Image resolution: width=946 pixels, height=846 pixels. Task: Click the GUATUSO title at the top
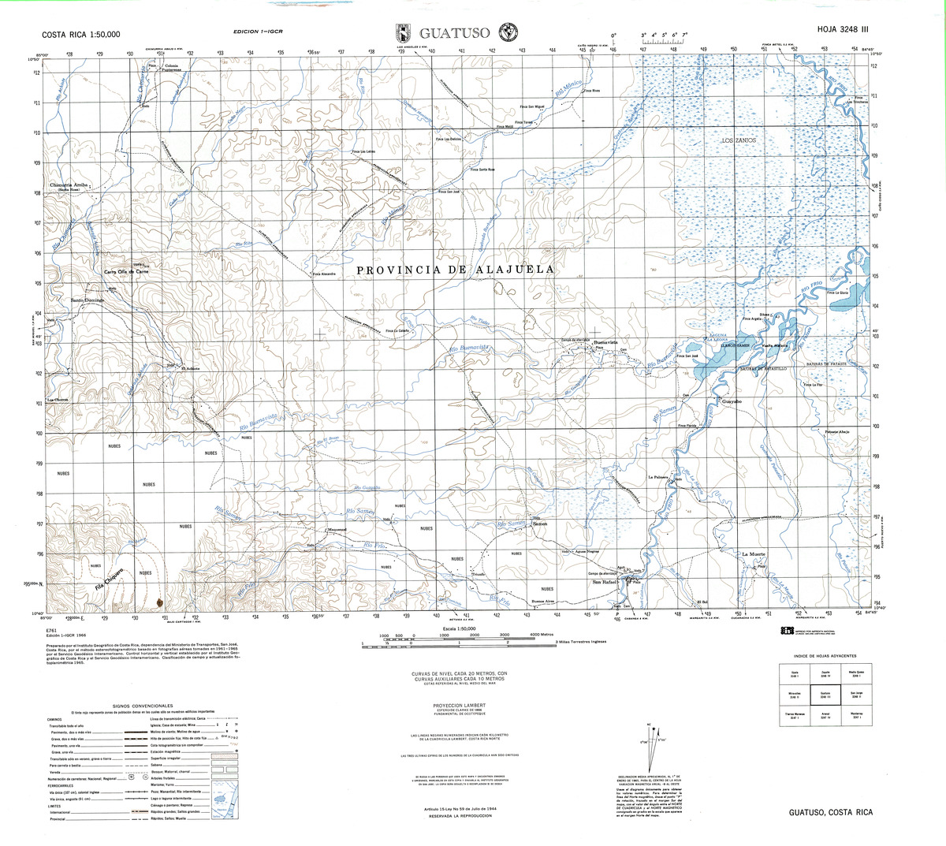click(x=455, y=33)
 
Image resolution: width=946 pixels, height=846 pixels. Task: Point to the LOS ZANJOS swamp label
click(x=739, y=140)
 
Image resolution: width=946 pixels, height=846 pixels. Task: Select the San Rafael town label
click(x=605, y=583)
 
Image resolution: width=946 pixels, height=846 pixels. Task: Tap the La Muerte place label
click(x=754, y=554)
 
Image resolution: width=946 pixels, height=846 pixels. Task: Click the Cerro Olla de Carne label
click(x=127, y=272)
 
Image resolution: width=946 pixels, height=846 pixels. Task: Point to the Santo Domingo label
click(x=88, y=300)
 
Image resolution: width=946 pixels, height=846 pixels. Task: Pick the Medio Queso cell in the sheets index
click(x=857, y=673)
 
